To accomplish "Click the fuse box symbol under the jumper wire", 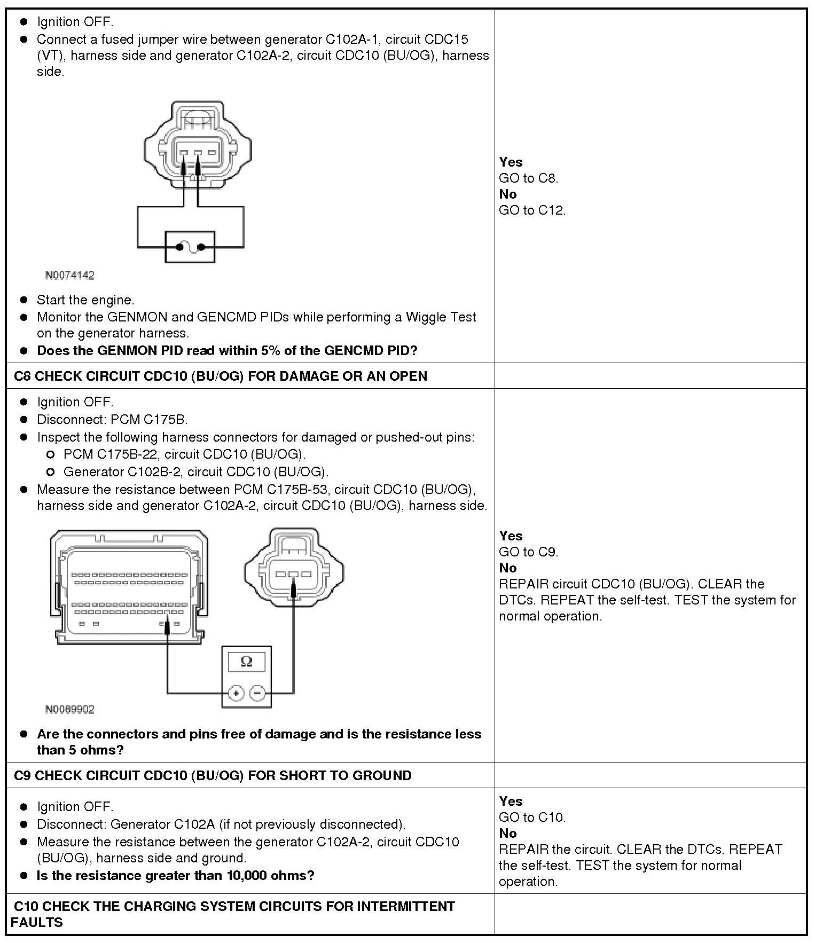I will [x=190, y=247].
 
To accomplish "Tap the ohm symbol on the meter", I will [x=246, y=662].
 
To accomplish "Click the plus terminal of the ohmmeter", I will [x=236, y=693].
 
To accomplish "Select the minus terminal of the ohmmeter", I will [x=257, y=693].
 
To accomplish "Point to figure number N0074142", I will [x=69, y=276].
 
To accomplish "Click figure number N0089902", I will [x=69, y=710].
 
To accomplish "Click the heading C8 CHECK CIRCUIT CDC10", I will [x=221, y=376].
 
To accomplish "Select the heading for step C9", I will [x=213, y=775].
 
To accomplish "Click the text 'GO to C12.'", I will [x=532, y=210].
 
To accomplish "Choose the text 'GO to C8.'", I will [x=528, y=178].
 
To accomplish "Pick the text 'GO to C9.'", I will [x=528, y=552].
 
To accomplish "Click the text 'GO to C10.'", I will [x=532, y=817].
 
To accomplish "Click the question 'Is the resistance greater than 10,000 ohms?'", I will [x=175, y=875].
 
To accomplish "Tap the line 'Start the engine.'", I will [x=85, y=300].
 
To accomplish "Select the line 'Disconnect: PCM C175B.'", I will [x=112, y=420].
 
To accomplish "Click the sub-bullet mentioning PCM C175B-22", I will [x=184, y=454].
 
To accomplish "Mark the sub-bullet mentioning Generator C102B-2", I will [x=196, y=472].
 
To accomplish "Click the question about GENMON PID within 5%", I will [x=227, y=351].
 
